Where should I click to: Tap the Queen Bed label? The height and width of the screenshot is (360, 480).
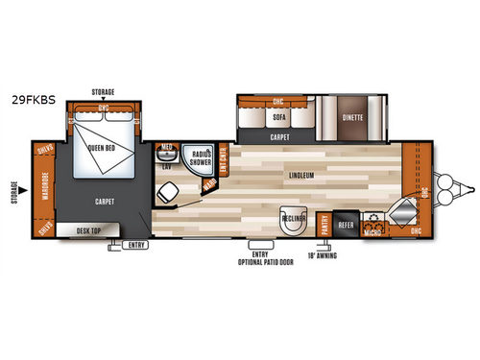[102, 149]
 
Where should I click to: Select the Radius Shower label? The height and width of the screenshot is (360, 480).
[201, 158]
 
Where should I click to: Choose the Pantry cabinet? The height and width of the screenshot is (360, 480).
[325, 222]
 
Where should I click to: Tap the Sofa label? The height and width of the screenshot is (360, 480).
[279, 118]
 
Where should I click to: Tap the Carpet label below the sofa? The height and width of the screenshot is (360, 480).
[281, 136]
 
